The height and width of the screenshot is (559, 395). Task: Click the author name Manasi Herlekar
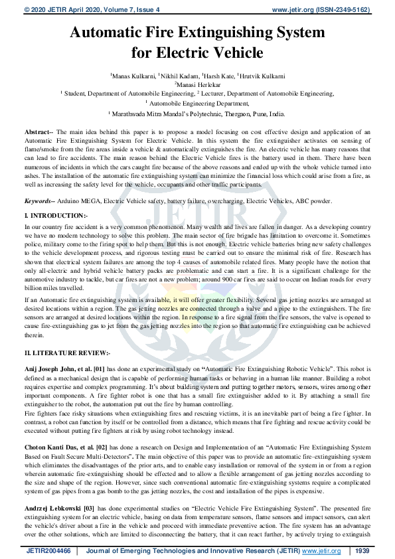[x=198, y=85]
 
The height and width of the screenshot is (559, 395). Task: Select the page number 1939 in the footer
[x=362, y=551]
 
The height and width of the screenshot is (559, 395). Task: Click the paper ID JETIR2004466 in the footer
[x=48, y=551]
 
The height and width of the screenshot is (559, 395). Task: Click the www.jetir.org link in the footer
[x=321, y=551]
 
